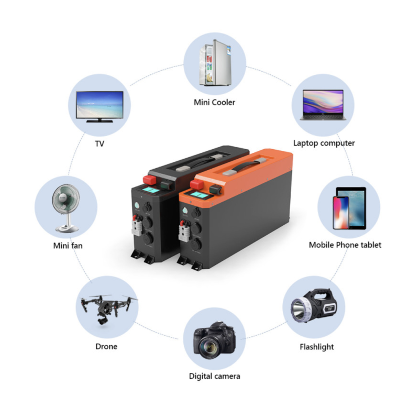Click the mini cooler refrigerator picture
click(215, 63)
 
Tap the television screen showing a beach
click(100, 104)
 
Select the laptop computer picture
click(323, 105)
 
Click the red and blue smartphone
click(341, 213)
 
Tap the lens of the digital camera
click(210, 346)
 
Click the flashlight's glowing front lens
click(299, 311)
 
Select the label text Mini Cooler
click(215, 102)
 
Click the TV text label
click(100, 144)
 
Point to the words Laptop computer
click(324, 143)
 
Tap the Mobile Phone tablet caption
click(345, 245)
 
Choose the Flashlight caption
click(317, 347)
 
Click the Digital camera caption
click(214, 376)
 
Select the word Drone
click(106, 347)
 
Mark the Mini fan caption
click(68, 246)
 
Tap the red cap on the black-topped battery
click(150, 180)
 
